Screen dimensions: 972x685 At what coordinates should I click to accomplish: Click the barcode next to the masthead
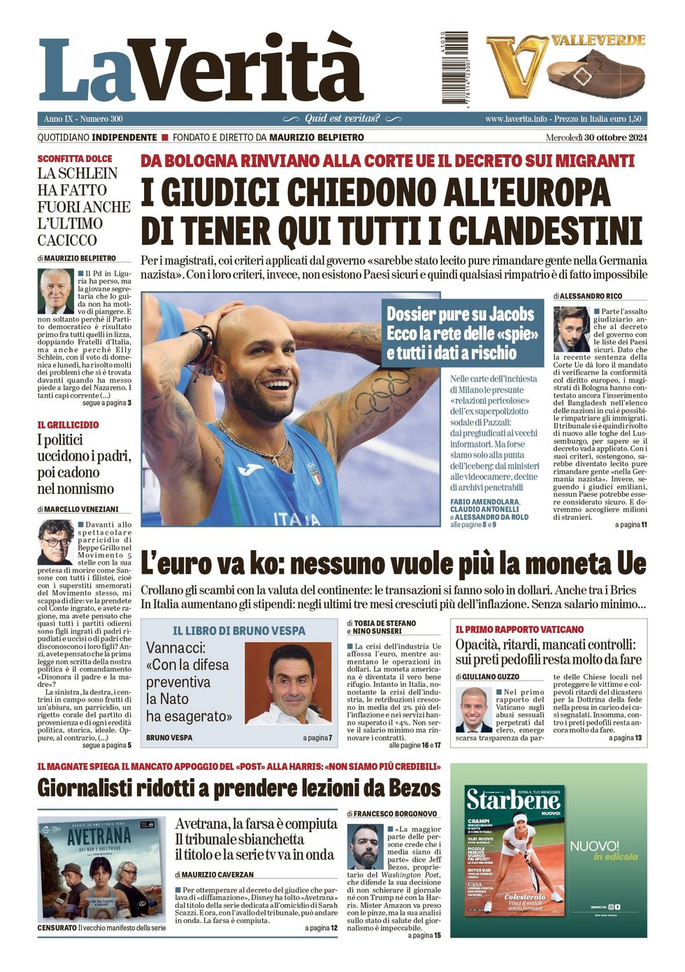tap(454, 68)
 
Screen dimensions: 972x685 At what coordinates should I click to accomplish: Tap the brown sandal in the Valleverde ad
tap(595, 73)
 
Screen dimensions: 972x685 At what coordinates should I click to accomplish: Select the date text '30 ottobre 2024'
tap(616, 138)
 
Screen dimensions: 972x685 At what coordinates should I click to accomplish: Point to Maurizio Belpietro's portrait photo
tap(56, 291)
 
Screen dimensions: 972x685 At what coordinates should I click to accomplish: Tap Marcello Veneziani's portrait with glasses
tap(56, 542)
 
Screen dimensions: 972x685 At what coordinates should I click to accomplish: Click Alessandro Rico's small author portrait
tap(572, 329)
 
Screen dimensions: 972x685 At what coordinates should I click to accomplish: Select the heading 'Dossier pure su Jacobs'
tap(461, 314)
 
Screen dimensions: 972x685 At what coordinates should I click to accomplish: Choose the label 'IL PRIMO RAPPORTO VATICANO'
tap(519, 630)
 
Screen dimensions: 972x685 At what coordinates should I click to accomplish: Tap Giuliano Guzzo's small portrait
tap(475, 709)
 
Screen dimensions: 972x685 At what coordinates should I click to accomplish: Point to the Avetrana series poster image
tap(101, 869)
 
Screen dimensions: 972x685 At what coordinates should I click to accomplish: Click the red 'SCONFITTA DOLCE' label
tap(75, 159)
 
